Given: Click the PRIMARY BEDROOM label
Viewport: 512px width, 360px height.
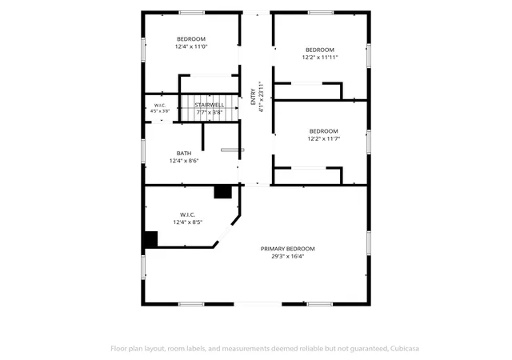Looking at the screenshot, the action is pyautogui.click(x=288, y=249).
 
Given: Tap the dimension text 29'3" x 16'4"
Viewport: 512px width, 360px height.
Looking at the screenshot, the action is pyautogui.click(x=288, y=257).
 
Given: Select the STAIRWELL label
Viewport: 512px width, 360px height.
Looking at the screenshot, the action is pyautogui.click(x=210, y=105).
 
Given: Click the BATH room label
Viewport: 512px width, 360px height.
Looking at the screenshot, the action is pyautogui.click(x=184, y=154).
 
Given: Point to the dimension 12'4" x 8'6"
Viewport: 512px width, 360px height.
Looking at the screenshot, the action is pyautogui.click(x=184, y=161).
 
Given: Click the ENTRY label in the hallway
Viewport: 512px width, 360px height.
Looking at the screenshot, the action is pyautogui.click(x=253, y=97).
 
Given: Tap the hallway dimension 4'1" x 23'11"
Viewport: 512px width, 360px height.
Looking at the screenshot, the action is pyautogui.click(x=261, y=97).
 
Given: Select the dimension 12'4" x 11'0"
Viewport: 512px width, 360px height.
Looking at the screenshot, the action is pyautogui.click(x=191, y=46).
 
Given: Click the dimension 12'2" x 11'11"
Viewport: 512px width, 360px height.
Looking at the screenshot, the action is pyautogui.click(x=320, y=58).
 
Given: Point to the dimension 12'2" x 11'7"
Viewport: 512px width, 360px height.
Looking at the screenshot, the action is pyautogui.click(x=323, y=139).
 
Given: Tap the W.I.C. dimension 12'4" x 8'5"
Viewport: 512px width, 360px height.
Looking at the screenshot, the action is pyautogui.click(x=188, y=222).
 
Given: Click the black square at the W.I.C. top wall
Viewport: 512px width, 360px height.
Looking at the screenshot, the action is pyautogui.click(x=222, y=192).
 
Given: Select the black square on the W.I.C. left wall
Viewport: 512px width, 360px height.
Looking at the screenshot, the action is pyautogui.click(x=151, y=239).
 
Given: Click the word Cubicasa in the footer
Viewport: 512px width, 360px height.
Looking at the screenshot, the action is pyautogui.click(x=405, y=349).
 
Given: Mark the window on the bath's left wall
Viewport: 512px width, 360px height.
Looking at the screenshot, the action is pyautogui.click(x=143, y=151).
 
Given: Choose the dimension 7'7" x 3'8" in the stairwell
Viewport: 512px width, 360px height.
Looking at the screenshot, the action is pyautogui.click(x=210, y=112).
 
